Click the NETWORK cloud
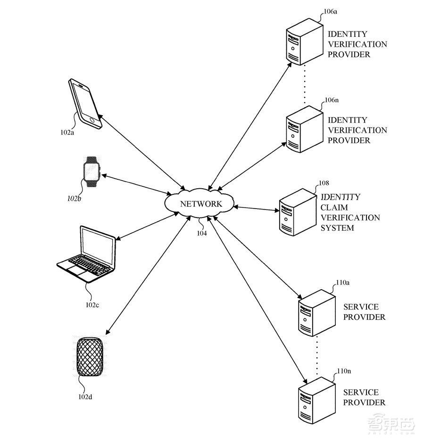(200, 203)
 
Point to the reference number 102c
(92, 304)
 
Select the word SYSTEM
(337, 228)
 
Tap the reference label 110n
(343, 371)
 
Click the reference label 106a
(331, 14)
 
